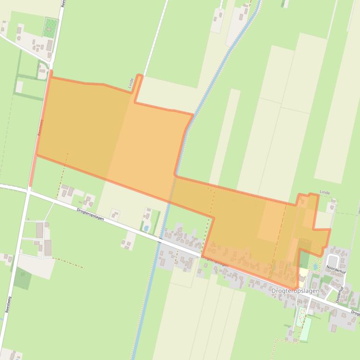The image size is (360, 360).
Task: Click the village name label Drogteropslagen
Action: click(295, 291)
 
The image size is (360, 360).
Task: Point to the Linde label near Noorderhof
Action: click(324, 192)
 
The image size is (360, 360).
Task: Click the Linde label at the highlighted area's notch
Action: click(131, 83)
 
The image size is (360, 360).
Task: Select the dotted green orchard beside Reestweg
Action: click(50, 28)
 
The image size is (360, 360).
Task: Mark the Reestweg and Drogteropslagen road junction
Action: click(28, 190)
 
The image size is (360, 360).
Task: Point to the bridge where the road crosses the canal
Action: click(160, 239)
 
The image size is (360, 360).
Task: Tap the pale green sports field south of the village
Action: click(305, 329)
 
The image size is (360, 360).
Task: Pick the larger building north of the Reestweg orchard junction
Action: click(49, 45)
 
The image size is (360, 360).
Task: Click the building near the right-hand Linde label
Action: click(332, 206)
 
